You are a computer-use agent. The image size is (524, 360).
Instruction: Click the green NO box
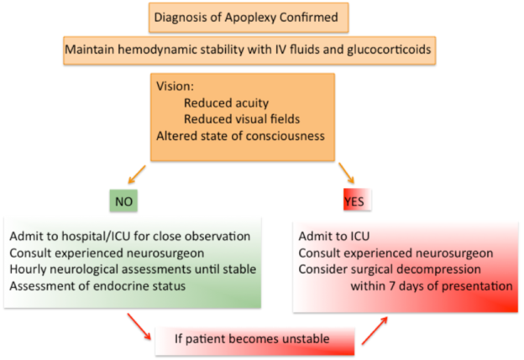[x=123, y=201]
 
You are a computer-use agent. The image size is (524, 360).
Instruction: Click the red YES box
[x=357, y=200]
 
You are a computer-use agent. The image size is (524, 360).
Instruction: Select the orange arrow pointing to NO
[x=137, y=175]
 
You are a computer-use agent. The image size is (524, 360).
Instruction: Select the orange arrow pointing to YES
[x=347, y=173]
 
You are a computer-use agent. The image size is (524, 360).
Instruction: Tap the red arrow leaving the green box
[x=139, y=326]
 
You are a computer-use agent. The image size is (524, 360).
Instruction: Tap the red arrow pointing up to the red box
[x=375, y=331]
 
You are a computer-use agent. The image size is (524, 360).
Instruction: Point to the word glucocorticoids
[x=389, y=50]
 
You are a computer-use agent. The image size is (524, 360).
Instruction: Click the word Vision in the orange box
[x=175, y=86]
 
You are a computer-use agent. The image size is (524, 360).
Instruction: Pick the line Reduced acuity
[x=226, y=103]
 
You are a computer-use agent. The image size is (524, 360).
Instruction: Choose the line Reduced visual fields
[x=242, y=119]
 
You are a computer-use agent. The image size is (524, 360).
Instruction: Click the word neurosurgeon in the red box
[x=457, y=253]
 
